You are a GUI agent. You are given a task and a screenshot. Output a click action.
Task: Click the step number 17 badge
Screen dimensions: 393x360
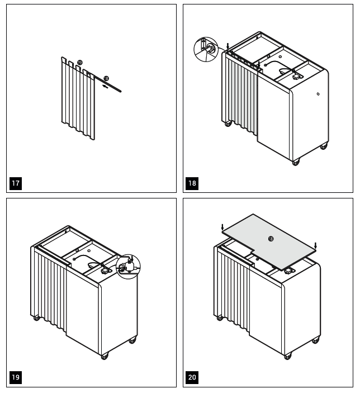pyautogui.click(x=16, y=183)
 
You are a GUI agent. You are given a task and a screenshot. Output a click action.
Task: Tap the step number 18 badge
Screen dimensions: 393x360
pyautogui.click(x=192, y=183)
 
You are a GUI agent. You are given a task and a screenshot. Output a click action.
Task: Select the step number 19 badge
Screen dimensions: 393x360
pyautogui.click(x=16, y=378)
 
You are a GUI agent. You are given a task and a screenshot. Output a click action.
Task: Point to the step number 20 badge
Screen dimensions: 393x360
pyautogui.click(x=192, y=378)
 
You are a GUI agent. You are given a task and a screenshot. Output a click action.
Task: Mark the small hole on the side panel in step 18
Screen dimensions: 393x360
pyautogui.click(x=318, y=94)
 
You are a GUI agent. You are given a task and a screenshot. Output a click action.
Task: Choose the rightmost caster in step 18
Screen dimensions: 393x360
pyautogui.click(x=324, y=146)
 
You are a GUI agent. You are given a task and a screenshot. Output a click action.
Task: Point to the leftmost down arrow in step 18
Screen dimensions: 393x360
pyautogui.click(x=228, y=45)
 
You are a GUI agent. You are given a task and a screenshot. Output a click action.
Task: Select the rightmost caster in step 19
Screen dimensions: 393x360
pyautogui.click(x=132, y=340)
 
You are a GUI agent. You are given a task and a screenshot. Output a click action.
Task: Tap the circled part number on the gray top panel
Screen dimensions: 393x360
pyautogui.click(x=271, y=238)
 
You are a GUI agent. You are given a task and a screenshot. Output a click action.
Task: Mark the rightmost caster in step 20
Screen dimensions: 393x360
pyautogui.click(x=316, y=340)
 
